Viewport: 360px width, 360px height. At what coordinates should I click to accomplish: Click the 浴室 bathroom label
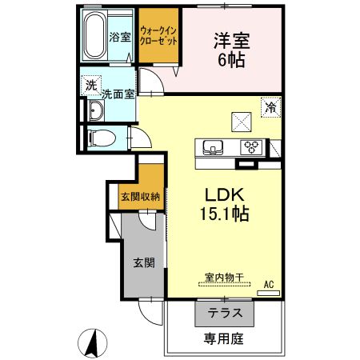tap(120, 36)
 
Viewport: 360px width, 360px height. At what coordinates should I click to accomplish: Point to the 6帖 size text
tap(230, 59)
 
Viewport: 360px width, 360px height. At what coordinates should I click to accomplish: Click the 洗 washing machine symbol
tap(90, 85)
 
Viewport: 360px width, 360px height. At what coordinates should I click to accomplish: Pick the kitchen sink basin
tap(214, 146)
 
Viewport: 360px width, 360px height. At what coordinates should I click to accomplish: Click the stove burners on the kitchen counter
tap(253, 146)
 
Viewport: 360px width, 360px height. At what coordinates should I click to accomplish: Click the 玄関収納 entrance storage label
tap(139, 196)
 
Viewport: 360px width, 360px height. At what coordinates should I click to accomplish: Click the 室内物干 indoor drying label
tap(223, 278)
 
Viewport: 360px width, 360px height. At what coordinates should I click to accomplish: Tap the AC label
tap(269, 283)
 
